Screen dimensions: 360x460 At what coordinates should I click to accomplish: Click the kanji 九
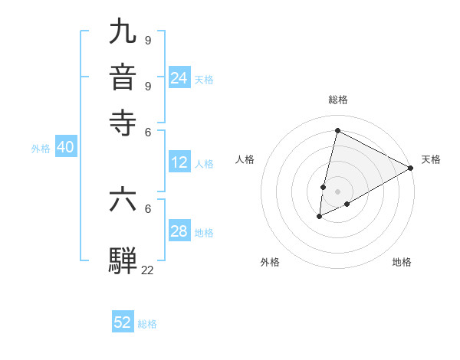(x=123, y=31)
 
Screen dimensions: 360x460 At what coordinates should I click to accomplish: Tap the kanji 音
(x=123, y=77)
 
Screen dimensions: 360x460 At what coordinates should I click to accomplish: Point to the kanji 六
(x=123, y=199)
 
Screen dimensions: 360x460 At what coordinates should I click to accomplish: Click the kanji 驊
(x=123, y=260)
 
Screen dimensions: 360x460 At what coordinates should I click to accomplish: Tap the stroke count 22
(x=147, y=270)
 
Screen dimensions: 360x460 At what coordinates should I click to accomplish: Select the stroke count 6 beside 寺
(x=147, y=132)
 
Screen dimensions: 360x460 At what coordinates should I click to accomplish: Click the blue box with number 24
(x=179, y=78)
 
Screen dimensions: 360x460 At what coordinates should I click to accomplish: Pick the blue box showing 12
(x=179, y=162)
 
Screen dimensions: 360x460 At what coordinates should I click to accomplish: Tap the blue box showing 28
(x=179, y=231)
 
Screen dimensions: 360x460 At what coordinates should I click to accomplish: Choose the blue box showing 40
(x=65, y=148)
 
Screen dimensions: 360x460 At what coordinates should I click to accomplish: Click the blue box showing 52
(x=123, y=322)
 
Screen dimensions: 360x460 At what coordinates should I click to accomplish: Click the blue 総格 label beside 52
(x=147, y=324)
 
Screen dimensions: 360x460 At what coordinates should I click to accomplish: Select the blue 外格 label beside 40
(x=41, y=149)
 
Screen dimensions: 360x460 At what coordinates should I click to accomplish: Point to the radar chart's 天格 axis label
(x=431, y=159)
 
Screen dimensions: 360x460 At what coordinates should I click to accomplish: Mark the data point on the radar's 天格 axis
(x=411, y=168)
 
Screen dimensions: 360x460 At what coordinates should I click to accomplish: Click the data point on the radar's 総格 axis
(x=337, y=131)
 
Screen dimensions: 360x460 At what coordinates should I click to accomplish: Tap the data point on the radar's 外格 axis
(x=319, y=218)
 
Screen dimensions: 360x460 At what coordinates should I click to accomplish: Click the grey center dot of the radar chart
(x=337, y=191)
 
